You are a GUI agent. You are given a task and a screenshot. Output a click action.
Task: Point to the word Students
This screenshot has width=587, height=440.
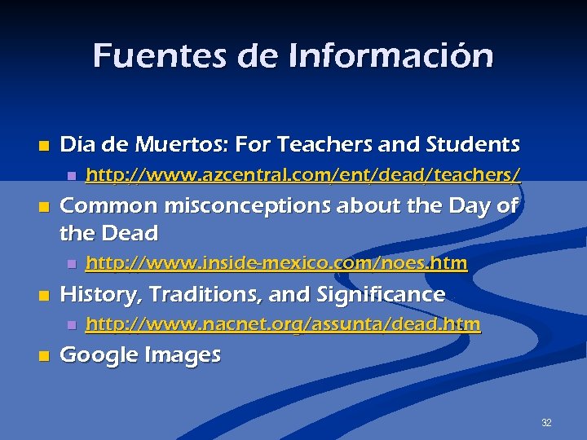pyautogui.click(x=472, y=145)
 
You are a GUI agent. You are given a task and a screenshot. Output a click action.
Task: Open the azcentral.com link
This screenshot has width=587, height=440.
pyautogui.click(x=303, y=174)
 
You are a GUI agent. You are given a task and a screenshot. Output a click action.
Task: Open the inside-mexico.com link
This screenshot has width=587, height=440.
pyautogui.click(x=276, y=263)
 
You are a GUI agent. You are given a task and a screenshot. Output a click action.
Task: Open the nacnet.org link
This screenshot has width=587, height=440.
pyautogui.click(x=283, y=324)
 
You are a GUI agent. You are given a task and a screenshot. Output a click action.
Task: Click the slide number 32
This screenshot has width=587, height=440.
pyautogui.click(x=546, y=423)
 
